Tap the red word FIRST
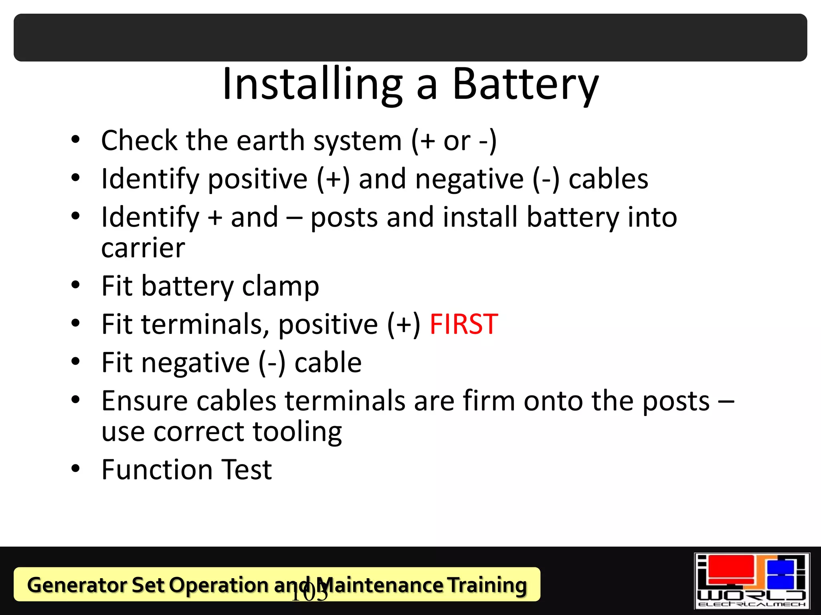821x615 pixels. point(464,324)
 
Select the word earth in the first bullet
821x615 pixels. point(270,141)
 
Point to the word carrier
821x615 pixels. point(143,248)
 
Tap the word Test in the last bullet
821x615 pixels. point(247,470)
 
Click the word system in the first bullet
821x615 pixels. point(358,141)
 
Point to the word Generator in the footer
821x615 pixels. point(76,585)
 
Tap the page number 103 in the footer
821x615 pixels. point(309,593)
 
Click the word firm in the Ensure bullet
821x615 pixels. point(489,401)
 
